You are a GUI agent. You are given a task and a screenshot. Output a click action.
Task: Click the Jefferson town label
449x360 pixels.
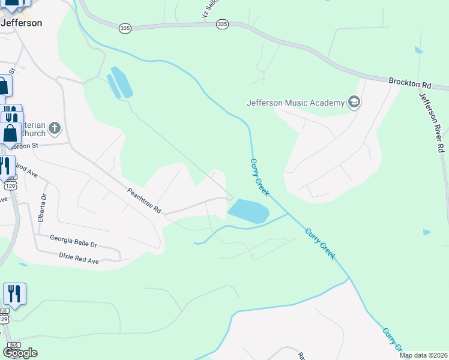click(x=22, y=23)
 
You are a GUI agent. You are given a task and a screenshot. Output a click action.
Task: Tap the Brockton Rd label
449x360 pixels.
click(x=410, y=82)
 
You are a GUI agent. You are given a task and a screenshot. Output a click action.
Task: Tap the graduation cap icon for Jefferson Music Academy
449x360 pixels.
click(x=354, y=102)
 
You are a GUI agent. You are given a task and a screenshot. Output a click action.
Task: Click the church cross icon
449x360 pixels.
click(x=54, y=127)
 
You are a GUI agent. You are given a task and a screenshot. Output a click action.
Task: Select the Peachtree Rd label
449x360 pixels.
click(x=144, y=200)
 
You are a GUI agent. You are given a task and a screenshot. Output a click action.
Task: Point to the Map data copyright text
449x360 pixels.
click(x=424, y=355)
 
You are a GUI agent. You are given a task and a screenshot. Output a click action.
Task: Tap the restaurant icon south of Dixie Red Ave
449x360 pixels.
click(x=14, y=294)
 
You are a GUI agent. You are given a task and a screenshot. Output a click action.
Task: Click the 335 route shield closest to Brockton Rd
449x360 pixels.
click(x=222, y=24)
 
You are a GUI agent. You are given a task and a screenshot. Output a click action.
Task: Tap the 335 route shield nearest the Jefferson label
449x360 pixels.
click(x=125, y=28)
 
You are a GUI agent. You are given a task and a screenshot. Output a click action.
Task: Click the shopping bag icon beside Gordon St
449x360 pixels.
click(x=11, y=133)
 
